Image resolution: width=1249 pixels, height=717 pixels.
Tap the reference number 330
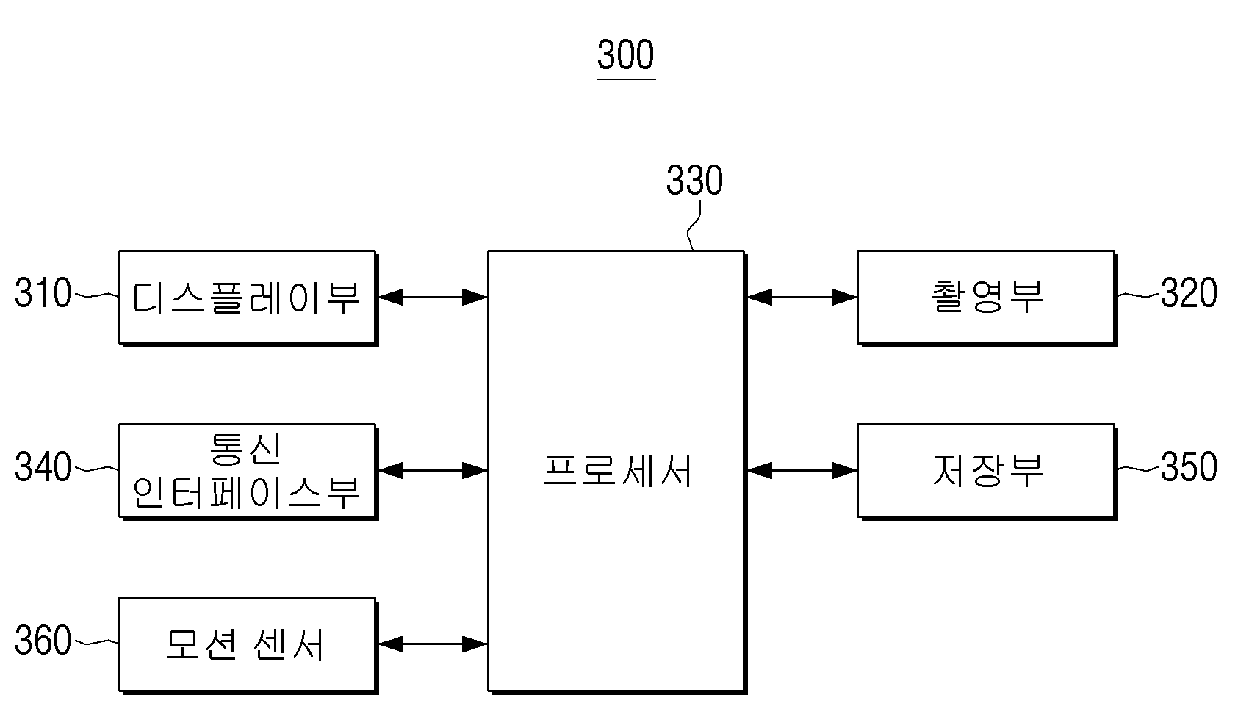(695, 180)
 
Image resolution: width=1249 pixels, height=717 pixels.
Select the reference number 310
(43, 292)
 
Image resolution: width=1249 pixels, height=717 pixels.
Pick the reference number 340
(43, 466)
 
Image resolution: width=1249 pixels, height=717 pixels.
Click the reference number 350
(1189, 466)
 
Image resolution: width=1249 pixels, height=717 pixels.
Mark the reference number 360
(43, 640)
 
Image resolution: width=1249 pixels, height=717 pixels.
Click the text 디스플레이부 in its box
(246, 298)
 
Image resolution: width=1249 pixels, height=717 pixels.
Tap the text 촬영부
(987, 296)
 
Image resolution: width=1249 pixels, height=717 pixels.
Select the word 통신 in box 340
(245, 448)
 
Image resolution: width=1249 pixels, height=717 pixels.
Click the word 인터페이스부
(246, 492)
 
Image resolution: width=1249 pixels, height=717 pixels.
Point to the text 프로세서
(617, 471)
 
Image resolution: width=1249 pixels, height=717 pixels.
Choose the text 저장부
(987, 471)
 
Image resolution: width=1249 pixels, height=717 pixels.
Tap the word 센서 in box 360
(288, 644)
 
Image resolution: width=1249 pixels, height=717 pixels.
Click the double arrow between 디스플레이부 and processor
(433, 298)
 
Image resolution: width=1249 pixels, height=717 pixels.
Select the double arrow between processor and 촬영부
(802, 298)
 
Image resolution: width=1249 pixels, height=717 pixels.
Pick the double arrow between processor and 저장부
(802, 471)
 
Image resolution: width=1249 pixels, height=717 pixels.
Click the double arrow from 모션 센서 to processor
(433, 644)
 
